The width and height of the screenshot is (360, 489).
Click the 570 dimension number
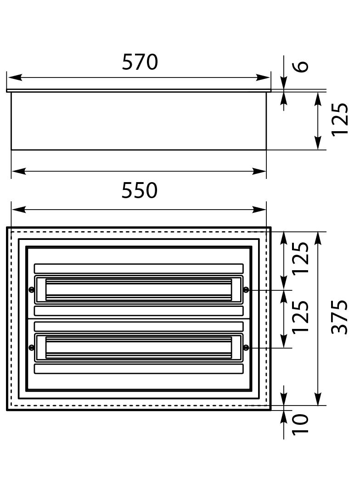(140, 62)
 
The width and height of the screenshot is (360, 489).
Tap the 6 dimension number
(302, 67)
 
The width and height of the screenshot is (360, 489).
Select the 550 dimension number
(139, 190)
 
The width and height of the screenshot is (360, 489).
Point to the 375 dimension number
(339, 317)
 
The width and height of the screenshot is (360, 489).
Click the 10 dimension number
(300, 423)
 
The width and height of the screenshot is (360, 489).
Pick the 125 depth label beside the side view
(340, 119)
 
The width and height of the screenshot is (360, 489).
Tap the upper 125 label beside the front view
(300, 258)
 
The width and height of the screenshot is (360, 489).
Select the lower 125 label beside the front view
(300, 317)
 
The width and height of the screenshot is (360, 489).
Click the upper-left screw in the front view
(31, 290)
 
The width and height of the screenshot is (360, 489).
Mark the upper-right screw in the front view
(246, 290)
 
